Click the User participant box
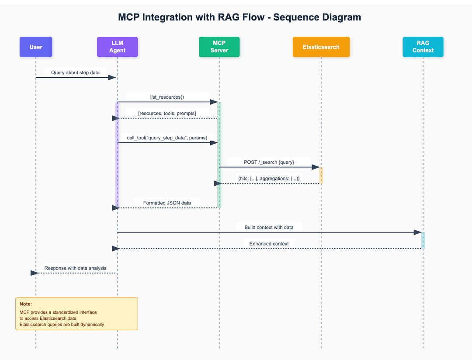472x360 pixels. coord(36,47)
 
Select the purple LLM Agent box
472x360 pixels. coord(117,47)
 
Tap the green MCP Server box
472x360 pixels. coord(219,47)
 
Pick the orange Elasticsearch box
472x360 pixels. coord(321,47)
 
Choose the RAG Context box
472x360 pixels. coord(423,47)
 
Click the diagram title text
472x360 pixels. coord(239,17)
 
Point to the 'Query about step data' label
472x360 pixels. coord(75,73)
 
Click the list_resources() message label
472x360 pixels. coord(167,97)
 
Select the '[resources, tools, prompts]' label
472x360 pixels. coord(167,113)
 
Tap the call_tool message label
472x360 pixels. coord(167,138)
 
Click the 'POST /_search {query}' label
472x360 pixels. coord(269,162)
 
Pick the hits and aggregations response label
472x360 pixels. coord(269,179)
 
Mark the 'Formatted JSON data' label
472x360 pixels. coord(167,203)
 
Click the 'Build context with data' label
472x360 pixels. coord(269,227)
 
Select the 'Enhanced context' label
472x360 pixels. coord(269,243)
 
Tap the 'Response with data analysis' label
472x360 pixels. coord(75,268)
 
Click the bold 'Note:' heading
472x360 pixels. coord(26,304)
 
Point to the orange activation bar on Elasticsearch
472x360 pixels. coord(321,175)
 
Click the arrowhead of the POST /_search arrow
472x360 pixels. coord(316,167)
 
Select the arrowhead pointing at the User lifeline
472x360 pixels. coord(35,273)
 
